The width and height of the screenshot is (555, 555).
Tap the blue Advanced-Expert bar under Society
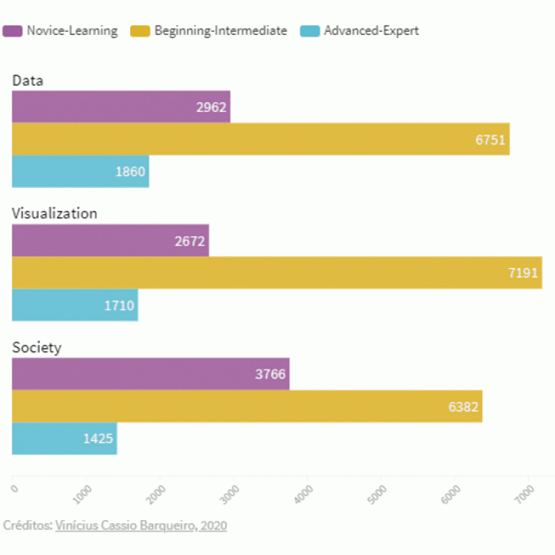point(64,438)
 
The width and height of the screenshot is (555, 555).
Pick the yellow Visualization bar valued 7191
point(277,273)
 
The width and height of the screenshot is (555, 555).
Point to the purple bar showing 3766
point(151,374)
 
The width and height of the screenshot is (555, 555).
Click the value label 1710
point(119,305)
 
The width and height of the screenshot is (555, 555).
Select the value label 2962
point(212,107)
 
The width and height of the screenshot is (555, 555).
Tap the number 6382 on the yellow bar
point(464,407)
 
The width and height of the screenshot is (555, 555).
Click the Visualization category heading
point(55,213)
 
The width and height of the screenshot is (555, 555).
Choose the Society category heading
point(36,347)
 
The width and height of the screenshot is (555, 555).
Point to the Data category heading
point(28,80)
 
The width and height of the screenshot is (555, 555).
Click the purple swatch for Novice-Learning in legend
point(12,31)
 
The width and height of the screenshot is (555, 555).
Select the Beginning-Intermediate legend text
point(220,31)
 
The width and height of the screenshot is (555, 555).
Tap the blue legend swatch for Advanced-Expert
point(310,31)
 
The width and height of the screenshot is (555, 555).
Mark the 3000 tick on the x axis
point(234,492)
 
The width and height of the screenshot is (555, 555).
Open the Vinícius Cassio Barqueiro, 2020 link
point(141,526)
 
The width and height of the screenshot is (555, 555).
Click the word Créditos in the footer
point(27,526)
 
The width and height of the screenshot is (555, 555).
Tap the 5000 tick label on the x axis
point(381,492)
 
